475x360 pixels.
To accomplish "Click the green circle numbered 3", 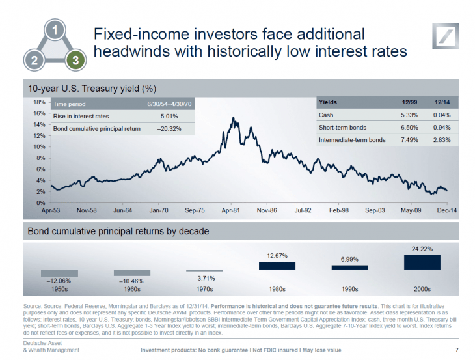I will (75, 61).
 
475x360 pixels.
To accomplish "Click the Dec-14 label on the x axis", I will (446, 211).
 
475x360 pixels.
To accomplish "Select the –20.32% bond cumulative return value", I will (168, 128).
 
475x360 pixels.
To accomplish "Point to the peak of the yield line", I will (233, 118).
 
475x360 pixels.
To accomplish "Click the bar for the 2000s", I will (422, 262).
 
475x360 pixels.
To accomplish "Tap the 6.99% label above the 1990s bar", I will (349, 259).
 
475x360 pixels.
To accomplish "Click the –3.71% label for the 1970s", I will (204, 278).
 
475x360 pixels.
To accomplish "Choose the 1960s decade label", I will (131, 288).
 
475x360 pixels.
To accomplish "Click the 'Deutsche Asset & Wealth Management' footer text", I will (51, 346).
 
